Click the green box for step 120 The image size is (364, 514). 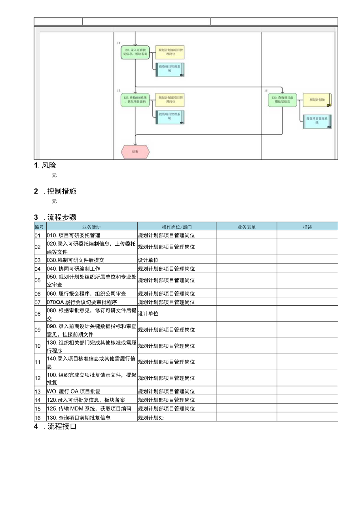click(x=135, y=52)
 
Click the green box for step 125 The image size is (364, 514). click(x=135, y=100)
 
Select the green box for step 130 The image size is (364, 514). click(x=282, y=100)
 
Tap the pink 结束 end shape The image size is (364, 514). click(x=135, y=152)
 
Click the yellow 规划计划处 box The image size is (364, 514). click(x=317, y=100)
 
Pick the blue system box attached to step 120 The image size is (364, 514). click(x=170, y=70)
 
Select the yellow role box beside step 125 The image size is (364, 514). click(x=170, y=100)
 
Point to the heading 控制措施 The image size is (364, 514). click(x=62, y=191)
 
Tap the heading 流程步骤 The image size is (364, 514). click(x=62, y=217)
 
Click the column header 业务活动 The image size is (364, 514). click(x=91, y=227)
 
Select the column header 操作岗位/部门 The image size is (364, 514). click(x=176, y=227)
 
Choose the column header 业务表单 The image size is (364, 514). click(x=246, y=227)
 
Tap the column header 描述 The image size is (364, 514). click(x=307, y=227)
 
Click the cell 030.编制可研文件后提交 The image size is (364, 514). click(x=76, y=260)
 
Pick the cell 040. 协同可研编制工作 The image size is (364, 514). click(x=73, y=269)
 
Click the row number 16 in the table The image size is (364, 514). click(x=38, y=418)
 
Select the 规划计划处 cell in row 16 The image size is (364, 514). click(x=151, y=418)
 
